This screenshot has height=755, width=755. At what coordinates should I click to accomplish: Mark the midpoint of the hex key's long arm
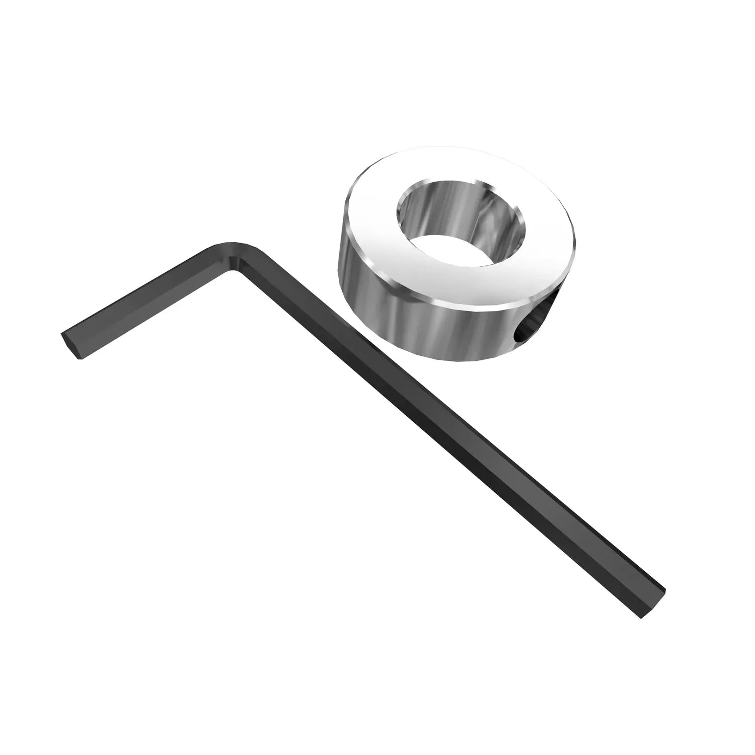(448, 433)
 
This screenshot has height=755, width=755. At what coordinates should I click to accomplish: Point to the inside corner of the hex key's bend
(235, 272)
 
